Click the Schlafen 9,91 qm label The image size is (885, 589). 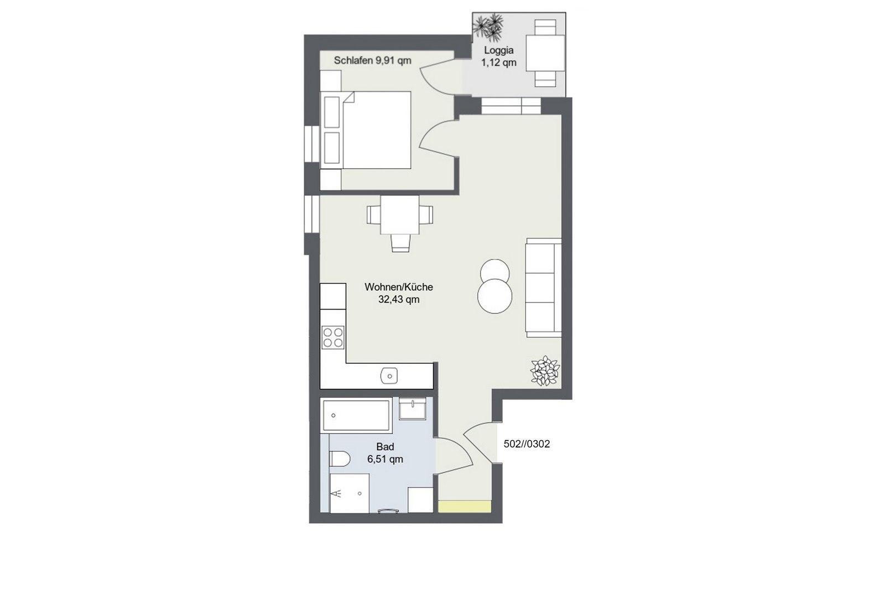point(372,60)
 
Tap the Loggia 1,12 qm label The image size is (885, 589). point(498,56)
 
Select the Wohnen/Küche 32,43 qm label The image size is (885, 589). point(399,293)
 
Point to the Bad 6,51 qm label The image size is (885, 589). point(385,453)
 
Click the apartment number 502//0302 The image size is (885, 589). point(527,444)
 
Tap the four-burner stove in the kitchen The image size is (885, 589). point(333,338)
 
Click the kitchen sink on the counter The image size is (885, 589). point(389,376)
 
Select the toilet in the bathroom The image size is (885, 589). point(340,458)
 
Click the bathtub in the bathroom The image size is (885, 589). point(356,415)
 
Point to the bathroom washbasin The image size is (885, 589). point(413,409)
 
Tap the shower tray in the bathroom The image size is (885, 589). point(349,493)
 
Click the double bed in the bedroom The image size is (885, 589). point(366,131)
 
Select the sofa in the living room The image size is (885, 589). point(543,288)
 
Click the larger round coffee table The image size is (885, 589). point(494,296)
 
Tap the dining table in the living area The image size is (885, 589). point(400,215)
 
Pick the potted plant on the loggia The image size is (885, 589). point(489,27)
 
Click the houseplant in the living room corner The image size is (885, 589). point(545,371)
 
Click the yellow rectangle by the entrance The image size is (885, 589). point(465,507)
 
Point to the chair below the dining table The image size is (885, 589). point(400,243)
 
